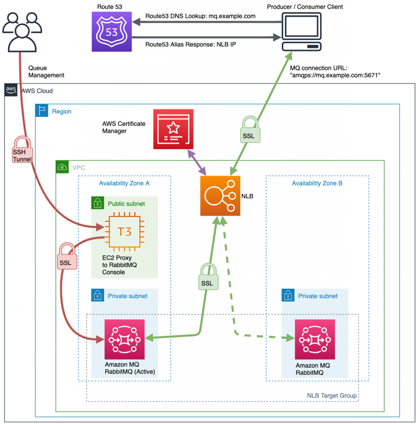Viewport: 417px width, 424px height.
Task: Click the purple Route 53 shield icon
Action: point(112,31)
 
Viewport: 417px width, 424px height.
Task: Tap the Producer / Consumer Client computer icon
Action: point(301,31)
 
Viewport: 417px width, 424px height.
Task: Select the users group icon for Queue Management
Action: point(22,31)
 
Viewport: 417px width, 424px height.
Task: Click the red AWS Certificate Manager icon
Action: point(173,129)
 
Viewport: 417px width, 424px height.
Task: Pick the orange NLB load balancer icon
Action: point(220,196)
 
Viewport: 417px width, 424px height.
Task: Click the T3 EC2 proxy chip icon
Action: point(124,231)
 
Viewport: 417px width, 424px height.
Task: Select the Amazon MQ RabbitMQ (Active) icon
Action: point(125,339)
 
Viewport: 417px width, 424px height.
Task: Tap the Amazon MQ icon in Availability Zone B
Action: point(315,339)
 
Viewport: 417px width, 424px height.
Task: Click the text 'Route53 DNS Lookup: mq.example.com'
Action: point(200,16)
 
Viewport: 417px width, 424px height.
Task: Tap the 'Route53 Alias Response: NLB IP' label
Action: point(190,44)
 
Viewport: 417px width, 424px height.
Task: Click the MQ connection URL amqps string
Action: point(335,75)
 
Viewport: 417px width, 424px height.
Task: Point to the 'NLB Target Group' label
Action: point(332,395)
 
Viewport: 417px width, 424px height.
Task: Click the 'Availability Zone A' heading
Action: point(124,183)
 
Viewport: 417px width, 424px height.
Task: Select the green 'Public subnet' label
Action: point(126,203)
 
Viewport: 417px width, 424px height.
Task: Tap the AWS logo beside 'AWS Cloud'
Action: point(11,90)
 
